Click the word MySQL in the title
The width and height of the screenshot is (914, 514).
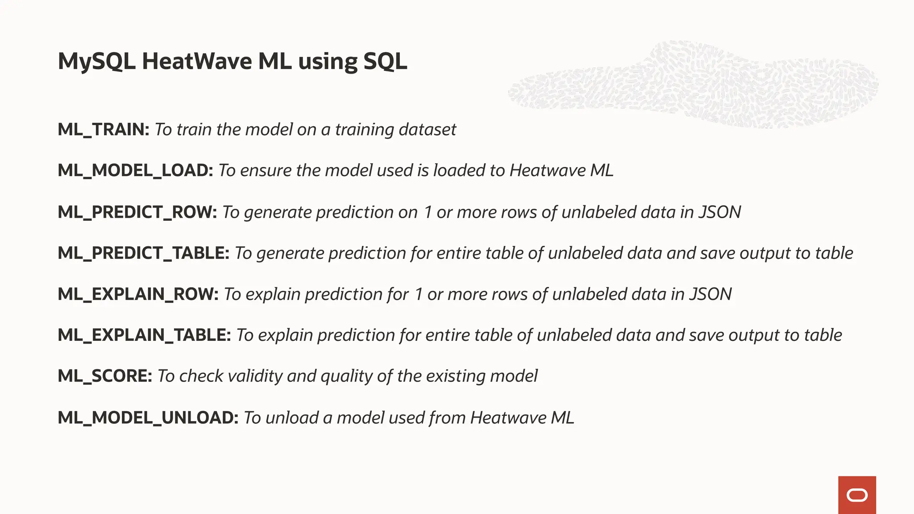[96, 62]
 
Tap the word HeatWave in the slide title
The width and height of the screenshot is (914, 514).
[197, 61]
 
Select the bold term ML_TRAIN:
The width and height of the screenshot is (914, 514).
[104, 129]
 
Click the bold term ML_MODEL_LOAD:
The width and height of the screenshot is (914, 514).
[135, 170]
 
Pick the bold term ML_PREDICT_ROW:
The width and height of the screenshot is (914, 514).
[137, 212]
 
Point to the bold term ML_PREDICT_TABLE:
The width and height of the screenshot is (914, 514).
[143, 253]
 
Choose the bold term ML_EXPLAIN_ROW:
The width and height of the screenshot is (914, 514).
[138, 294]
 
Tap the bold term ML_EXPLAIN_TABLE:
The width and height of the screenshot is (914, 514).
[144, 335]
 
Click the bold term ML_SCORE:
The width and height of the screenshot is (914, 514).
[105, 376]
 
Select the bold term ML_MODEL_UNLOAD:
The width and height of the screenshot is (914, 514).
[148, 418]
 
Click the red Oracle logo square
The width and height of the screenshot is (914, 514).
[857, 495]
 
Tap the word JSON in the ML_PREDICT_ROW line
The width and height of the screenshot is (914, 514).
[719, 212]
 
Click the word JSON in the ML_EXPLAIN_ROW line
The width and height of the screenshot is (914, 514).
[710, 294]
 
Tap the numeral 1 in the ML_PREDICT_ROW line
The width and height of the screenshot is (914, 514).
[428, 212]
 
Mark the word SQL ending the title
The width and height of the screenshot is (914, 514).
[385, 61]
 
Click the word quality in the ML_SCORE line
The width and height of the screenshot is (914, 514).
[346, 376]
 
